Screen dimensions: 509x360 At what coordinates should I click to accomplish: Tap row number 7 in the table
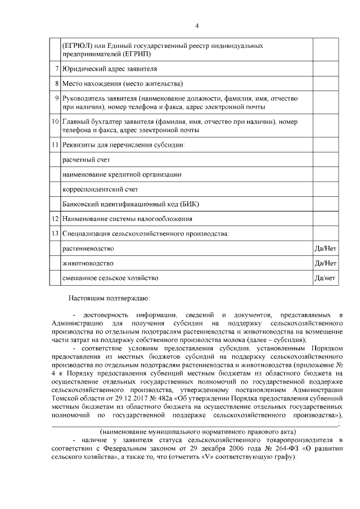click(57, 70)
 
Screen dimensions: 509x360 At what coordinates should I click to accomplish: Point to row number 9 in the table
click(57, 98)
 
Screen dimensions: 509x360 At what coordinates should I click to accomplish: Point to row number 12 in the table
click(56, 219)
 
